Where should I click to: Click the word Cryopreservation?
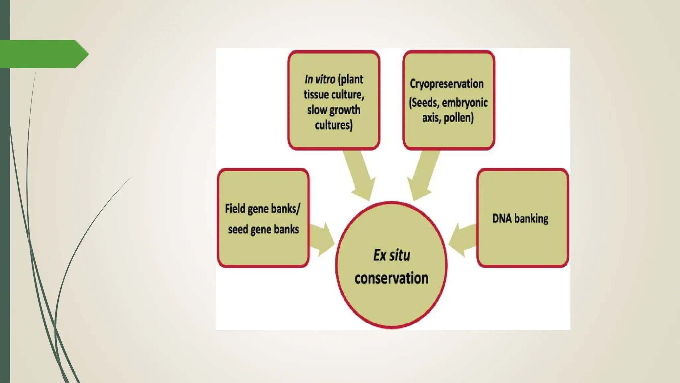447,84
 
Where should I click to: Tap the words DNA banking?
520,219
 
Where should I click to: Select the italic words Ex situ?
391,255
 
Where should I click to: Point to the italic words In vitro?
320,79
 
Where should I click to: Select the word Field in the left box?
235,209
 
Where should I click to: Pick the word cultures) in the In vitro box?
333,125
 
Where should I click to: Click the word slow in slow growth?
317,110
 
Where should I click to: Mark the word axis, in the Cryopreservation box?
431,118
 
